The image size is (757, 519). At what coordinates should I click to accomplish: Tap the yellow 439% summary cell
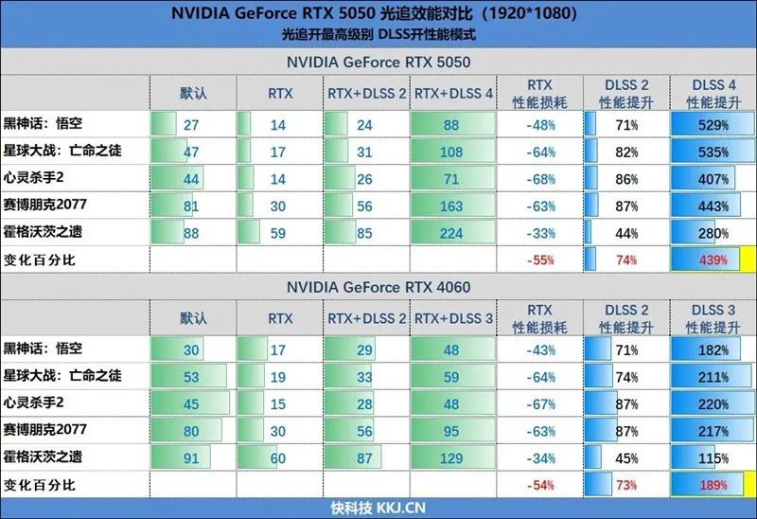(x=714, y=259)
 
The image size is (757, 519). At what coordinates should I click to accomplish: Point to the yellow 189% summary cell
(x=714, y=485)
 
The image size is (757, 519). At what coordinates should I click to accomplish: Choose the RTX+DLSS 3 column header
(x=453, y=319)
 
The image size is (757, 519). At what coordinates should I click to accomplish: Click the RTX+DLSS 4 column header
(x=453, y=93)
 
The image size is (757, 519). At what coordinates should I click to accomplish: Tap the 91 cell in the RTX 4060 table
(x=191, y=457)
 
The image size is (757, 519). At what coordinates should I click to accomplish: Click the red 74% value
(x=625, y=259)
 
